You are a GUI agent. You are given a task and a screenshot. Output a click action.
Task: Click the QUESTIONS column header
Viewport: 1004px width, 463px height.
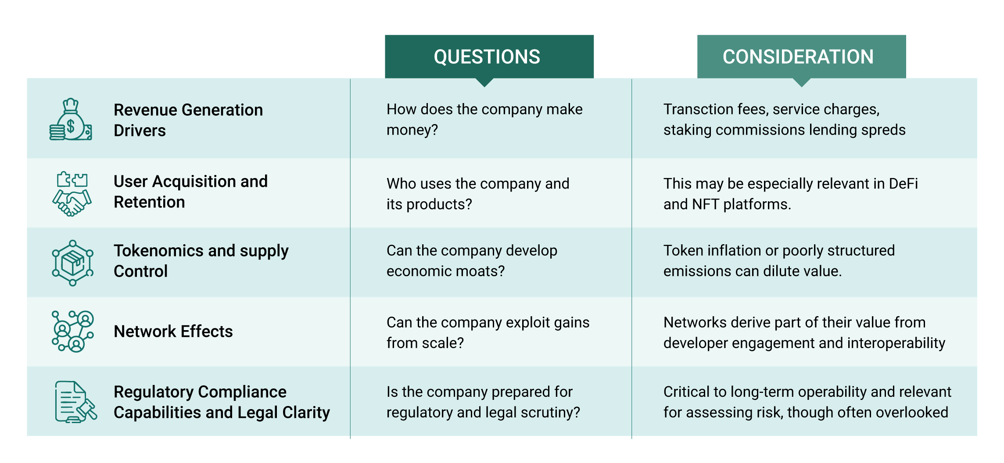[x=487, y=57]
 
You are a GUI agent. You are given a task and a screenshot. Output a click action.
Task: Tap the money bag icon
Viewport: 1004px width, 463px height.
[x=71, y=119]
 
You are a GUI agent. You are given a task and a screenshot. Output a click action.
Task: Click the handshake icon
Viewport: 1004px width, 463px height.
[x=72, y=194]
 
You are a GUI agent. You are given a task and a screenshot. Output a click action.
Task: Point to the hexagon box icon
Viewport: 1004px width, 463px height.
[x=72, y=263]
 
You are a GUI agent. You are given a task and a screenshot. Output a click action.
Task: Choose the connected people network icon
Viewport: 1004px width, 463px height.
[x=72, y=331]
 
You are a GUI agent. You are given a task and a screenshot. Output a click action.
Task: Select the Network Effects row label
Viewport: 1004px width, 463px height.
[x=173, y=331]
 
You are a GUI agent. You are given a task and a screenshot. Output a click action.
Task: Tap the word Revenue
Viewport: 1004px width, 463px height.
[x=146, y=110]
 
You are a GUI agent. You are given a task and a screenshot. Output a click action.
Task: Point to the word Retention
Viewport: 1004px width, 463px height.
[x=149, y=202]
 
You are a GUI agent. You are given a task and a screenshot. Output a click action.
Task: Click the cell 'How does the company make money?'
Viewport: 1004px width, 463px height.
[x=484, y=119]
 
